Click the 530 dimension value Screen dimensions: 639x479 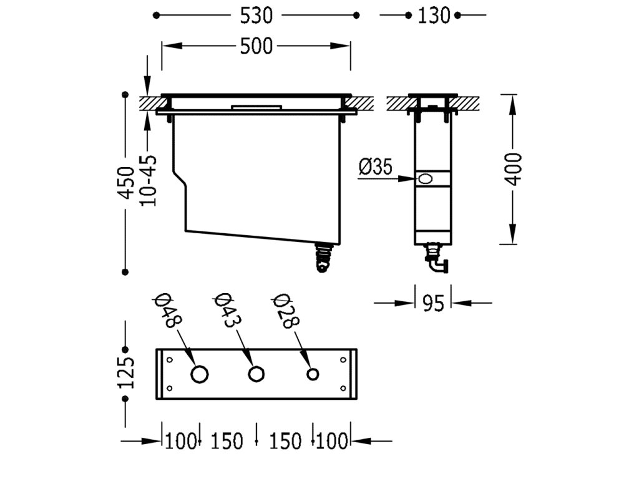(x=256, y=16)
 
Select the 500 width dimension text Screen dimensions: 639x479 (x=256, y=46)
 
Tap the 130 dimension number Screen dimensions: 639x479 (x=434, y=16)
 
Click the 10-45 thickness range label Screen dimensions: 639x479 (x=148, y=181)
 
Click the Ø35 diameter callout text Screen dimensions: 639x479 (x=375, y=167)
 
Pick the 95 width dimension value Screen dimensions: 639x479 (x=433, y=304)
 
